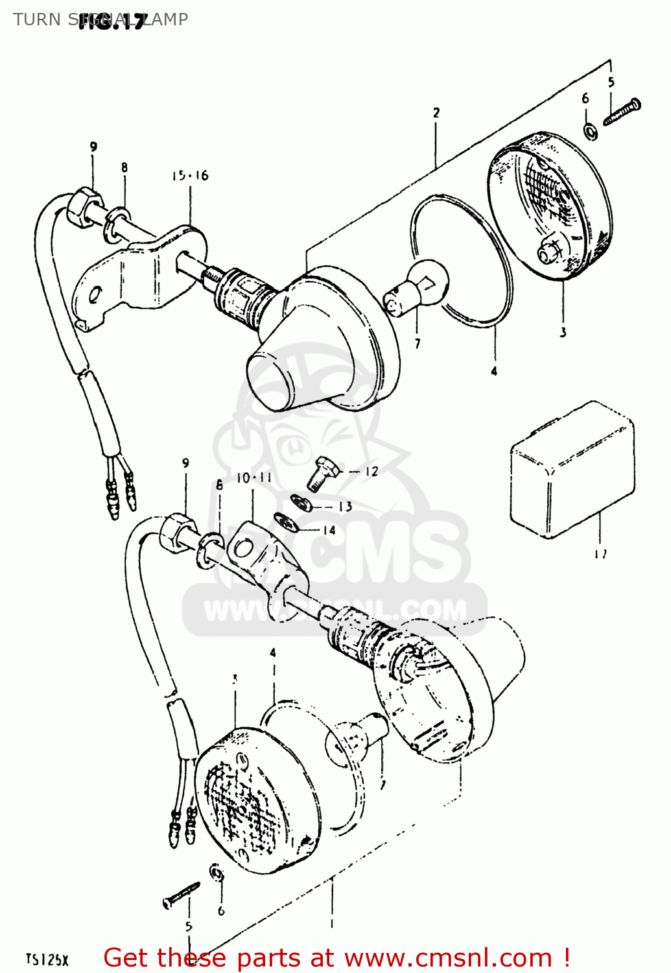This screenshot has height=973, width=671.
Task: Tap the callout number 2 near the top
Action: point(436,113)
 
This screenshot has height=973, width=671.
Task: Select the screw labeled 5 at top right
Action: point(622,112)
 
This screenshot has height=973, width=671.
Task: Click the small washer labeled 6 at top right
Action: point(591,131)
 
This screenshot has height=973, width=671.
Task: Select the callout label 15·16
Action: point(190,176)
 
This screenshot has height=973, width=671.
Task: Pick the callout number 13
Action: point(345,506)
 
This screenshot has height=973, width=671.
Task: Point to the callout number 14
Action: point(329,530)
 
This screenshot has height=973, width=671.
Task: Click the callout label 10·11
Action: point(253,478)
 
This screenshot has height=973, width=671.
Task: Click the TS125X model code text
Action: point(47,959)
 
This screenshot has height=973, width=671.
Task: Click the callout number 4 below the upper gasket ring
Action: point(494,371)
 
